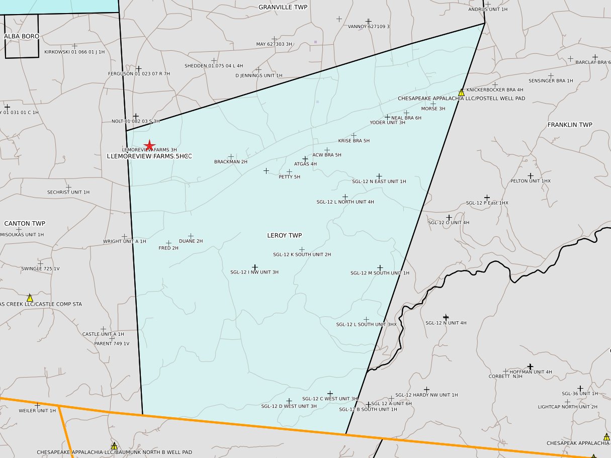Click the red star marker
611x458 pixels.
tap(149, 145)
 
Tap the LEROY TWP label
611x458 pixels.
tap(285, 235)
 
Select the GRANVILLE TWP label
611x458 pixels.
tap(283, 7)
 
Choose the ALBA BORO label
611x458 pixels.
tap(22, 36)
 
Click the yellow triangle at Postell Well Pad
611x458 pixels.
tap(461, 93)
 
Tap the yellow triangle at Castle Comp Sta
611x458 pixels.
tap(30, 298)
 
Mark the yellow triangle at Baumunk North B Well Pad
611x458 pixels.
tap(114, 446)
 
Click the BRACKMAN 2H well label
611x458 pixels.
tap(231, 162)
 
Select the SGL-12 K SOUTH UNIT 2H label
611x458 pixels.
tap(302, 254)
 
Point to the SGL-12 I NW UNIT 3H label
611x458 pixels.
tap(254, 272)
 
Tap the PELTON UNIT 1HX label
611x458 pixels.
tap(531, 181)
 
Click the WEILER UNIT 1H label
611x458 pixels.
tap(37, 411)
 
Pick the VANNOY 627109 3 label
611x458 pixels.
tap(369, 27)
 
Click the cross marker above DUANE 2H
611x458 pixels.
tap(191, 236)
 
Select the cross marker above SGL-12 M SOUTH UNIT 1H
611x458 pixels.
tap(380, 267)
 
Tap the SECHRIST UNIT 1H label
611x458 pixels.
tap(68, 192)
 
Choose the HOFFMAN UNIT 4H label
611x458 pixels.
tap(531, 372)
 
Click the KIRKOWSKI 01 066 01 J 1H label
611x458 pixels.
tap(74, 52)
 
